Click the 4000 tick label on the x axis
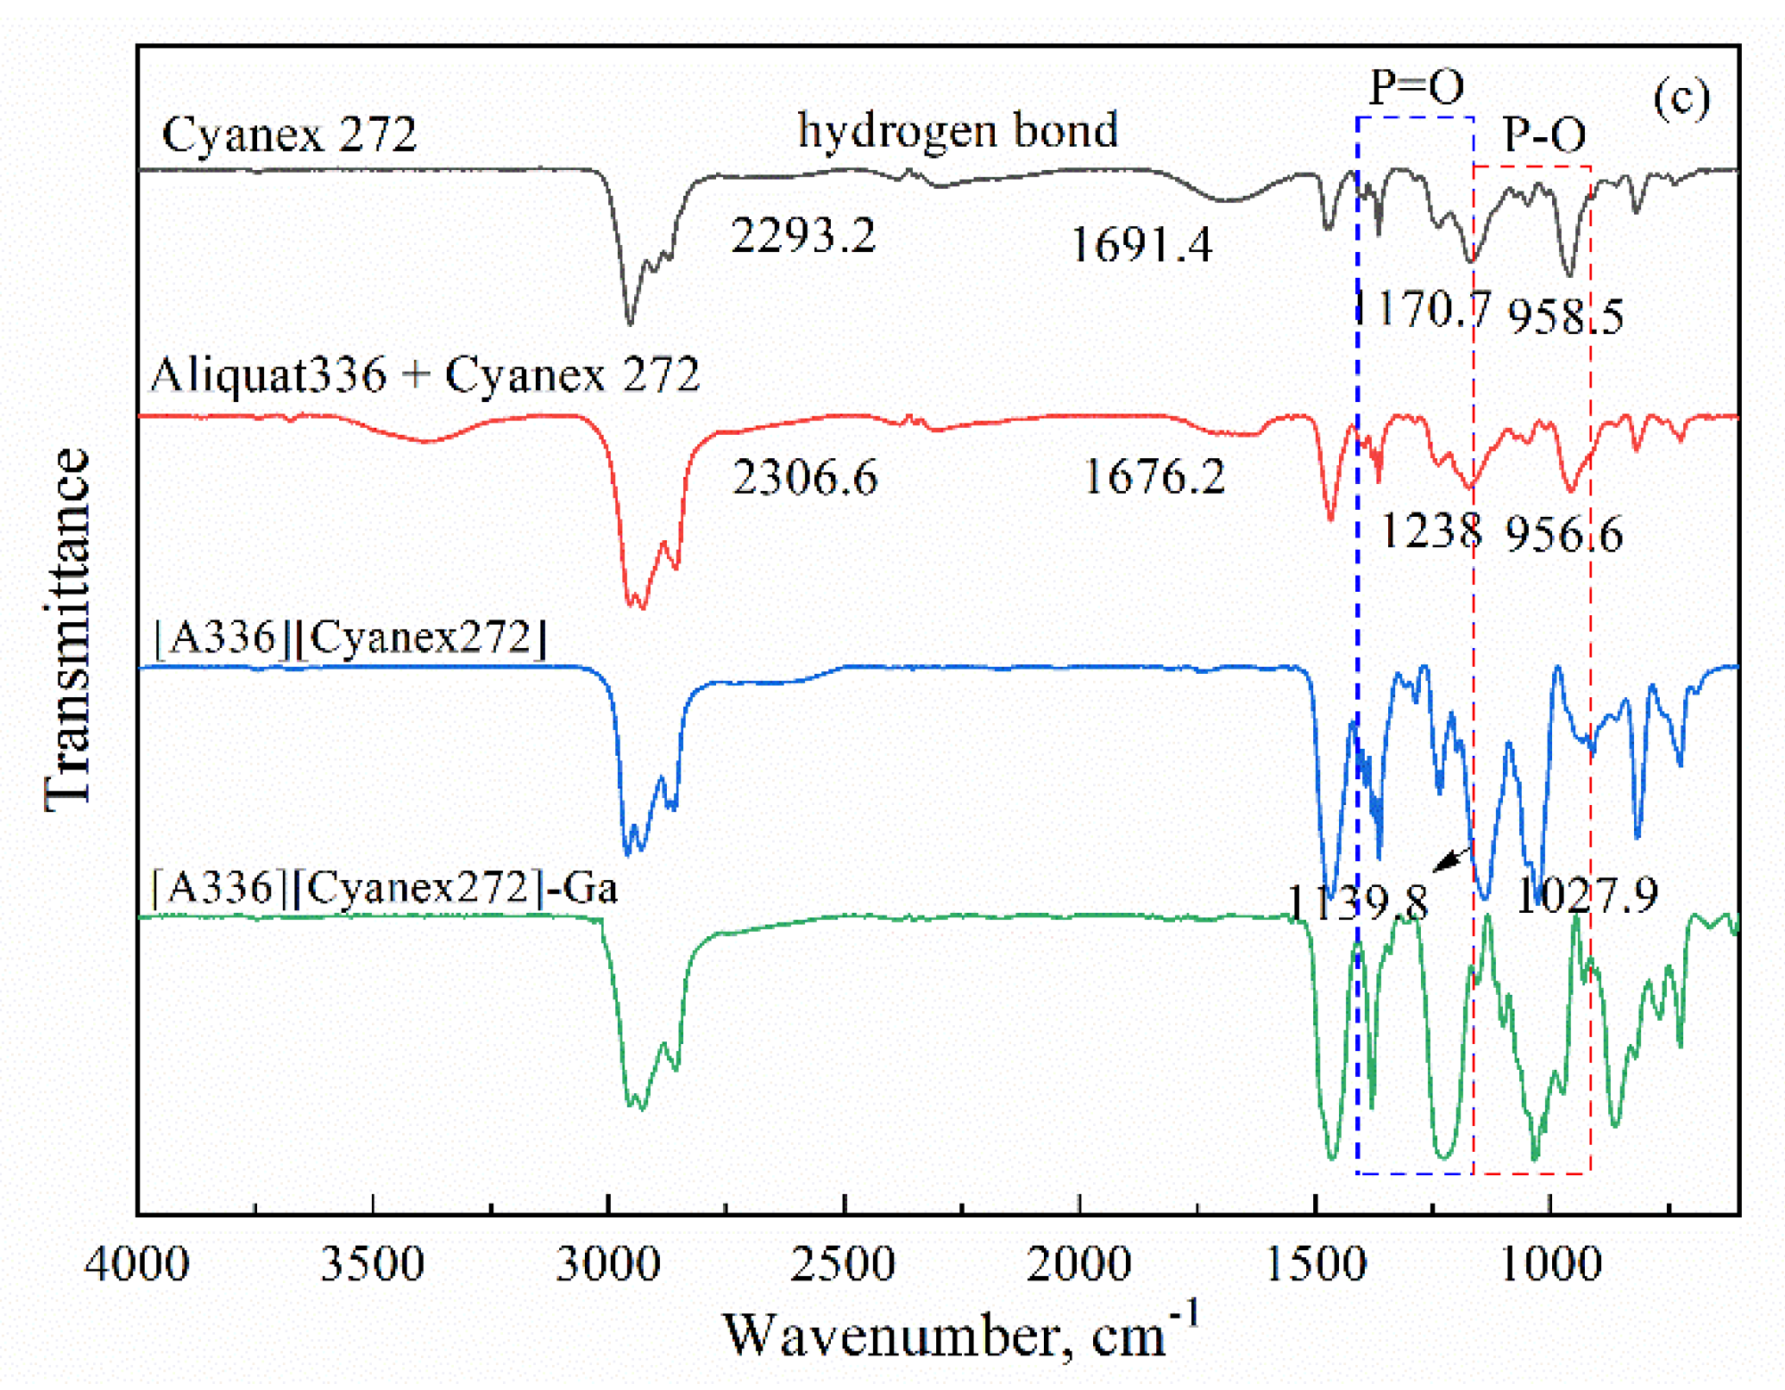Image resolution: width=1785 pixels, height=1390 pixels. [x=137, y=1265]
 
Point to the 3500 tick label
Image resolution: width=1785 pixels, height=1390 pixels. [x=373, y=1265]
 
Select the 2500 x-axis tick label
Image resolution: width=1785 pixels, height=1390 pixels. [x=843, y=1265]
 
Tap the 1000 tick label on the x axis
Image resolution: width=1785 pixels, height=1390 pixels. [x=1550, y=1265]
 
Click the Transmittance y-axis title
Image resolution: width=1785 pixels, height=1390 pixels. [x=67, y=630]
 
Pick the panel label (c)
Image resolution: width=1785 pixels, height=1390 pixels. [x=1681, y=99]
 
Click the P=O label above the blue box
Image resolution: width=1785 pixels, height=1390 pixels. [x=1416, y=86]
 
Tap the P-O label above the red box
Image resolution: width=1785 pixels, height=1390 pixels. [x=1543, y=135]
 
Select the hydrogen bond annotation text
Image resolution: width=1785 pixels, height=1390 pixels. [x=958, y=130]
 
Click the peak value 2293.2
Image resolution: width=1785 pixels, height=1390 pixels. [x=803, y=236]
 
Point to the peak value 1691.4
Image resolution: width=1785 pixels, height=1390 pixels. [x=1141, y=245]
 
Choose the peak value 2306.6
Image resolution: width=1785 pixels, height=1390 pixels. [x=805, y=477]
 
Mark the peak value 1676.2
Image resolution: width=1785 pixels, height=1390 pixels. [x=1153, y=476]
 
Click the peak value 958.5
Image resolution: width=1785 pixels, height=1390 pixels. [x=1565, y=316]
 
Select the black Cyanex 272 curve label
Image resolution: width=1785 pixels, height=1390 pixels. [x=289, y=135]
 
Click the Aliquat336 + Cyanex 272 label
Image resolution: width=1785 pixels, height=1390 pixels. [x=424, y=374]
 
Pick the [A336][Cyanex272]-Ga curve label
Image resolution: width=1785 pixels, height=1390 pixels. [x=385, y=887]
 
